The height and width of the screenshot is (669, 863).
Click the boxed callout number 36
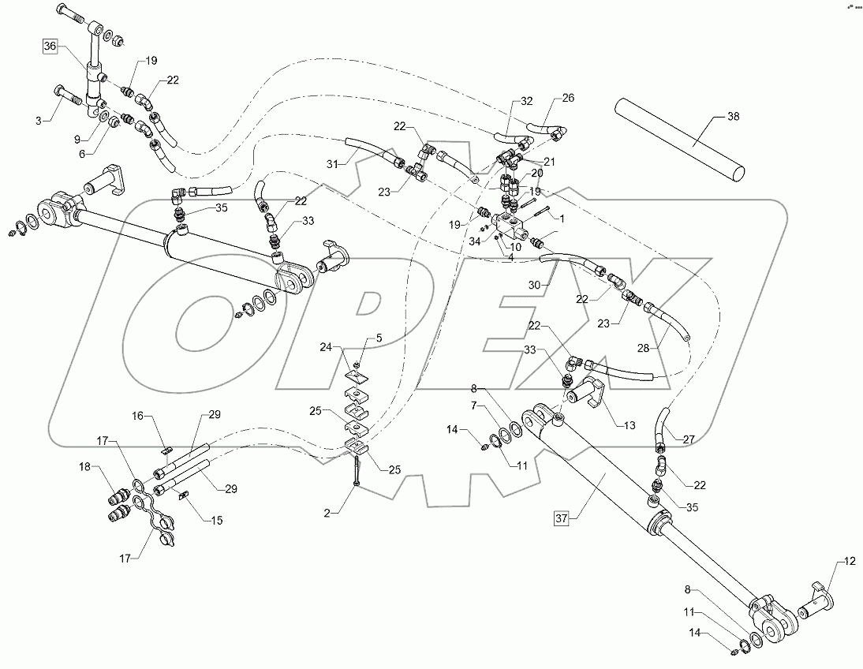tap(50, 47)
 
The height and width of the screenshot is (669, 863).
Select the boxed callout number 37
tap(562, 518)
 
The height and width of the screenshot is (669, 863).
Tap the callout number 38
tap(733, 117)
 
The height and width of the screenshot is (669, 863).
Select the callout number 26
tap(568, 99)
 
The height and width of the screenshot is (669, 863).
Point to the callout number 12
tap(849, 562)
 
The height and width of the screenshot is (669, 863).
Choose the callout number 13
tap(629, 426)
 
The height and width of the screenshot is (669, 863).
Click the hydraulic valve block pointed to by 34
tap(514, 224)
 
